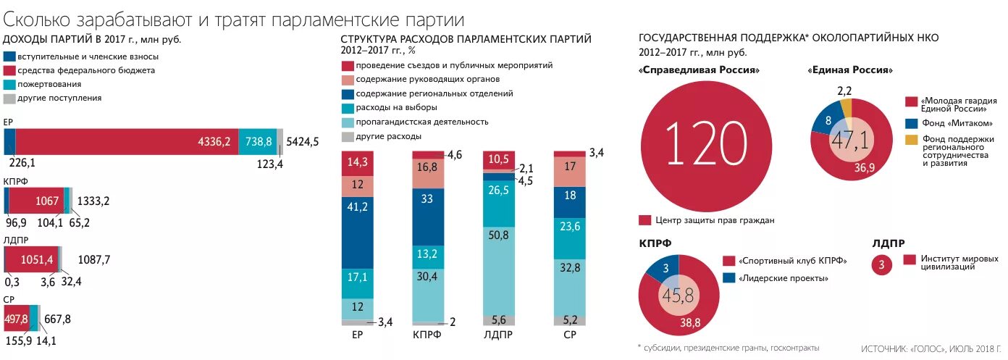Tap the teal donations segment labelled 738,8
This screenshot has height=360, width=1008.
[x=259, y=141]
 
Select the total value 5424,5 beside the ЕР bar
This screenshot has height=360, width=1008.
[x=303, y=141]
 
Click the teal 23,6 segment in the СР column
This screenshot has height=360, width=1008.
[x=569, y=225]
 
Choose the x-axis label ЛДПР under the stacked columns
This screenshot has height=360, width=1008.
[x=498, y=335]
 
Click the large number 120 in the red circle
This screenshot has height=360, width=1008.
[x=705, y=142]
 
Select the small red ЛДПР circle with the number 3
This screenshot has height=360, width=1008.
[x=881, y=264]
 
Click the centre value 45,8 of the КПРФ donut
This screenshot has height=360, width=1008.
[x=679, y=296]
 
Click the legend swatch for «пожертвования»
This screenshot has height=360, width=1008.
[x=9, y=85]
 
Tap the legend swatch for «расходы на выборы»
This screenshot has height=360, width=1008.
[x=347, y=107]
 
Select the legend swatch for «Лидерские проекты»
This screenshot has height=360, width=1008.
[x=728, y=278]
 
